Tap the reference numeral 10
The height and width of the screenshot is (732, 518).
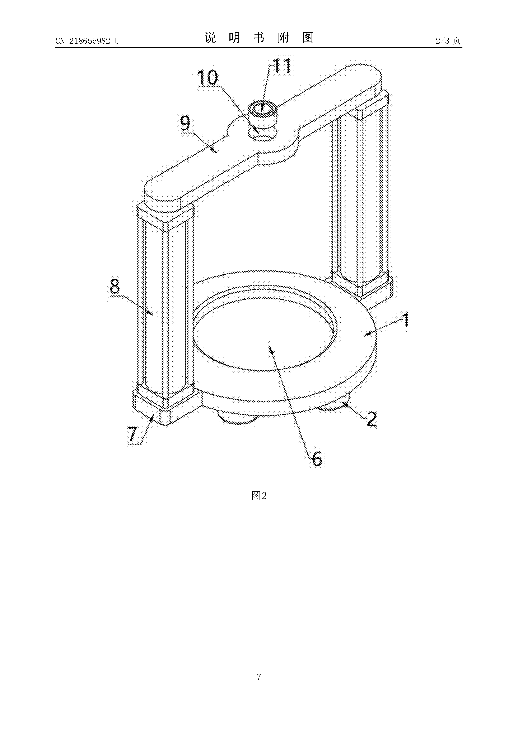tap(207, 78)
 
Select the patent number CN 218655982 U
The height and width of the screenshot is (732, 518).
tap(88, 41)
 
